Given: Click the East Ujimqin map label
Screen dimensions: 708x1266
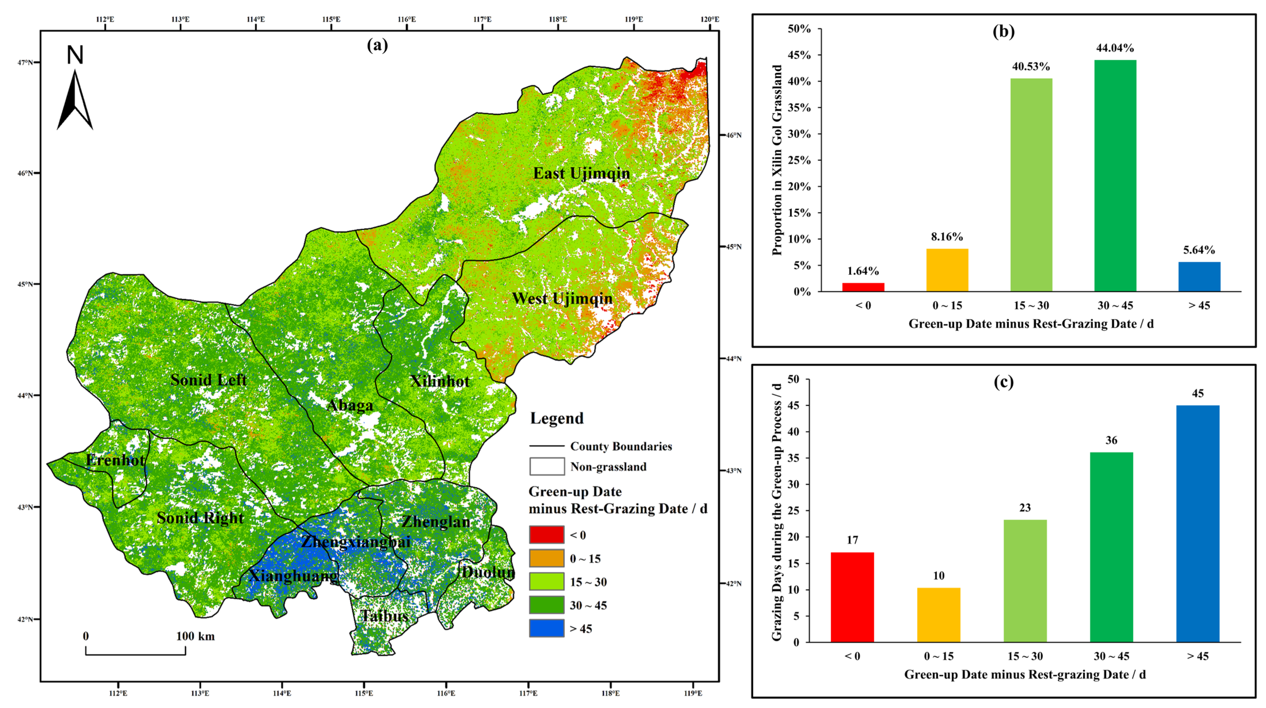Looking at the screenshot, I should [x=581, y=174].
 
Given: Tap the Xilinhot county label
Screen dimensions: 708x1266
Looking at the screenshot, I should [x=440, y=381].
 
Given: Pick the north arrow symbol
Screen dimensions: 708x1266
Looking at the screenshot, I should [x=75, y=98].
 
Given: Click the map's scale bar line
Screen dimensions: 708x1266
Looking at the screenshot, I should [x=136, y=654].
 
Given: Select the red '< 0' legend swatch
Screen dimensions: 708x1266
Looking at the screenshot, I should [x=546, y=534].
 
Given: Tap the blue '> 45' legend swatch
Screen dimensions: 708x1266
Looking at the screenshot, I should [x=546, y=628].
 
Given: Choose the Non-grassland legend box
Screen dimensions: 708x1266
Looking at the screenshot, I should [x=546, y=466].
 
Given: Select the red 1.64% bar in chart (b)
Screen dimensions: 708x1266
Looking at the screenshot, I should [x=863, y=287].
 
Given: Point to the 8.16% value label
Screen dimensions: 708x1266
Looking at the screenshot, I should [x=947, y=237].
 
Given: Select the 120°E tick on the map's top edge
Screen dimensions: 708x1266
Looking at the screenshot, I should [x=710, y=19].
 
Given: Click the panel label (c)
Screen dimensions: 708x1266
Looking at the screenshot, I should [x=1004, y=382].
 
